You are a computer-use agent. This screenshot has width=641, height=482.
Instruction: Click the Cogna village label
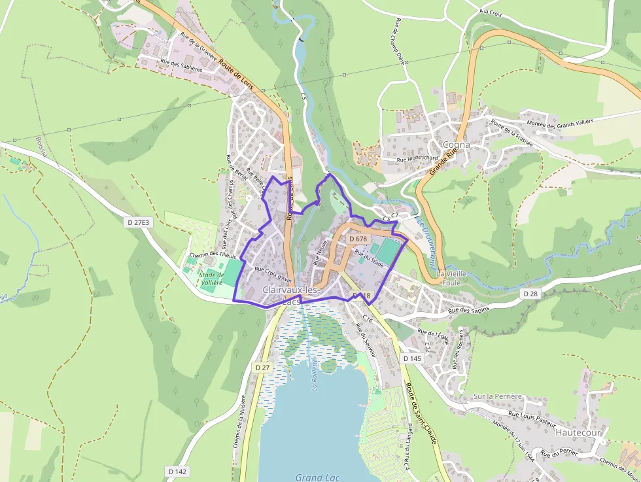(456, 145)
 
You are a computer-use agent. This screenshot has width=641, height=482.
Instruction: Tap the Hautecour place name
(578, 432)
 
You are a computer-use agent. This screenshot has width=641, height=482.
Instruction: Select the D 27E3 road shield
(138, 222)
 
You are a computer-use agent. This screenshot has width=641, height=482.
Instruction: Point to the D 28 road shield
(530, 294)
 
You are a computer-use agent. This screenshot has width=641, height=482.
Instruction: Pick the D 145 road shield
(412, 358)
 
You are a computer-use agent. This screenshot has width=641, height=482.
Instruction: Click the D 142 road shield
(177, 471)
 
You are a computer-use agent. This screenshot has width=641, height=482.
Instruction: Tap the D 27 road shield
(262, 368)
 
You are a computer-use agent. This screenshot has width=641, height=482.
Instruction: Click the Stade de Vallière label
(210, 279)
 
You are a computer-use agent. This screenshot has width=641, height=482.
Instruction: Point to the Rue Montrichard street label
(417, 159)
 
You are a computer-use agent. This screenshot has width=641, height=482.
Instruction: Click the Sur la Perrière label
(498, 396)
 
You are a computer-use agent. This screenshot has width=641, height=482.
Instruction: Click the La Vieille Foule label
(451, 278)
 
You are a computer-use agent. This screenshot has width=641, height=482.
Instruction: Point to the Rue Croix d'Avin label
(273, 274)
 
